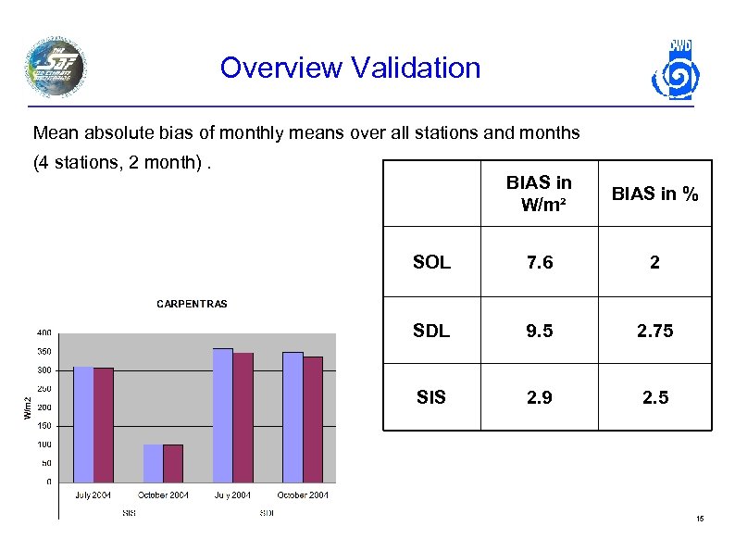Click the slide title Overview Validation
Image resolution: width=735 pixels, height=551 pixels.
click(x=350, y=68)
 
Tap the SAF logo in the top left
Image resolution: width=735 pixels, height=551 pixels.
click(x=56, y=66)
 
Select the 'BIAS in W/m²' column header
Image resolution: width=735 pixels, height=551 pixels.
click(x=539, y=194)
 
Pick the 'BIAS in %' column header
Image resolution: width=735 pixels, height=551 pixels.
click(x=655, y=194)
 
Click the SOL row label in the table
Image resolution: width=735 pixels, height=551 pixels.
click(x=431, y=262)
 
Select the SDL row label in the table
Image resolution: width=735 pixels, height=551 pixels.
click(x=431, y=331)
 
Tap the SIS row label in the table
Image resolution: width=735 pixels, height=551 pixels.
click(x=431, y=397)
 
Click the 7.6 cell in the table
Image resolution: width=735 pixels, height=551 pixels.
click(x=539, y=262)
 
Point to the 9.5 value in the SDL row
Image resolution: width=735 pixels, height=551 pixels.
click(x=539, y=331)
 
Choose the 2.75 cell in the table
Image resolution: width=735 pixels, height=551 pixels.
click(x=655, y=331)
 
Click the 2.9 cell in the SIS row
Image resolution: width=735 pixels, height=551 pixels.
click(x=539, y=397)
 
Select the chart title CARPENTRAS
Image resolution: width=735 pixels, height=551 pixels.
click(x=192, y=304)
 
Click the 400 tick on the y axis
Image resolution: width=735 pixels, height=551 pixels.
click(x=44, y=333)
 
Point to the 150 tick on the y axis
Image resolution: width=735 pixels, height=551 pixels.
click(x=44, y=426)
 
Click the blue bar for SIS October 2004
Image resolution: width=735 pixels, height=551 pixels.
click(x=153, y=463)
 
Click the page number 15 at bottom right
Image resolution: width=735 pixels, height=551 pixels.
click(x=700, y=520)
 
